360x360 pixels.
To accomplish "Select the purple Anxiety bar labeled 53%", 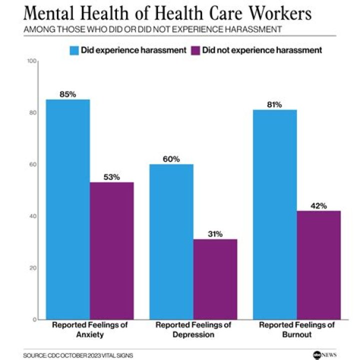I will point(111,250).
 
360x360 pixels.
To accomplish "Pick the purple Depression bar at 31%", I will point(215,279).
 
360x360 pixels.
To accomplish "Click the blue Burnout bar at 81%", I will point(275,214).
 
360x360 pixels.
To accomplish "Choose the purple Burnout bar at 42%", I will point(318,265).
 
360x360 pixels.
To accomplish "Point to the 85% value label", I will point(67,94).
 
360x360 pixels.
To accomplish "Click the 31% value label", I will point(215,234).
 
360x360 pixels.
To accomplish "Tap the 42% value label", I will point(318,205).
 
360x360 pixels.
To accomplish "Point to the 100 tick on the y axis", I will point(33,61).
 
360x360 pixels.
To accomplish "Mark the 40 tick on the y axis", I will point(33,216).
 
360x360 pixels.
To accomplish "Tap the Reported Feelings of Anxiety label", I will point(90,329).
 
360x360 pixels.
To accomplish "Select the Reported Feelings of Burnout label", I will point(296,329).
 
